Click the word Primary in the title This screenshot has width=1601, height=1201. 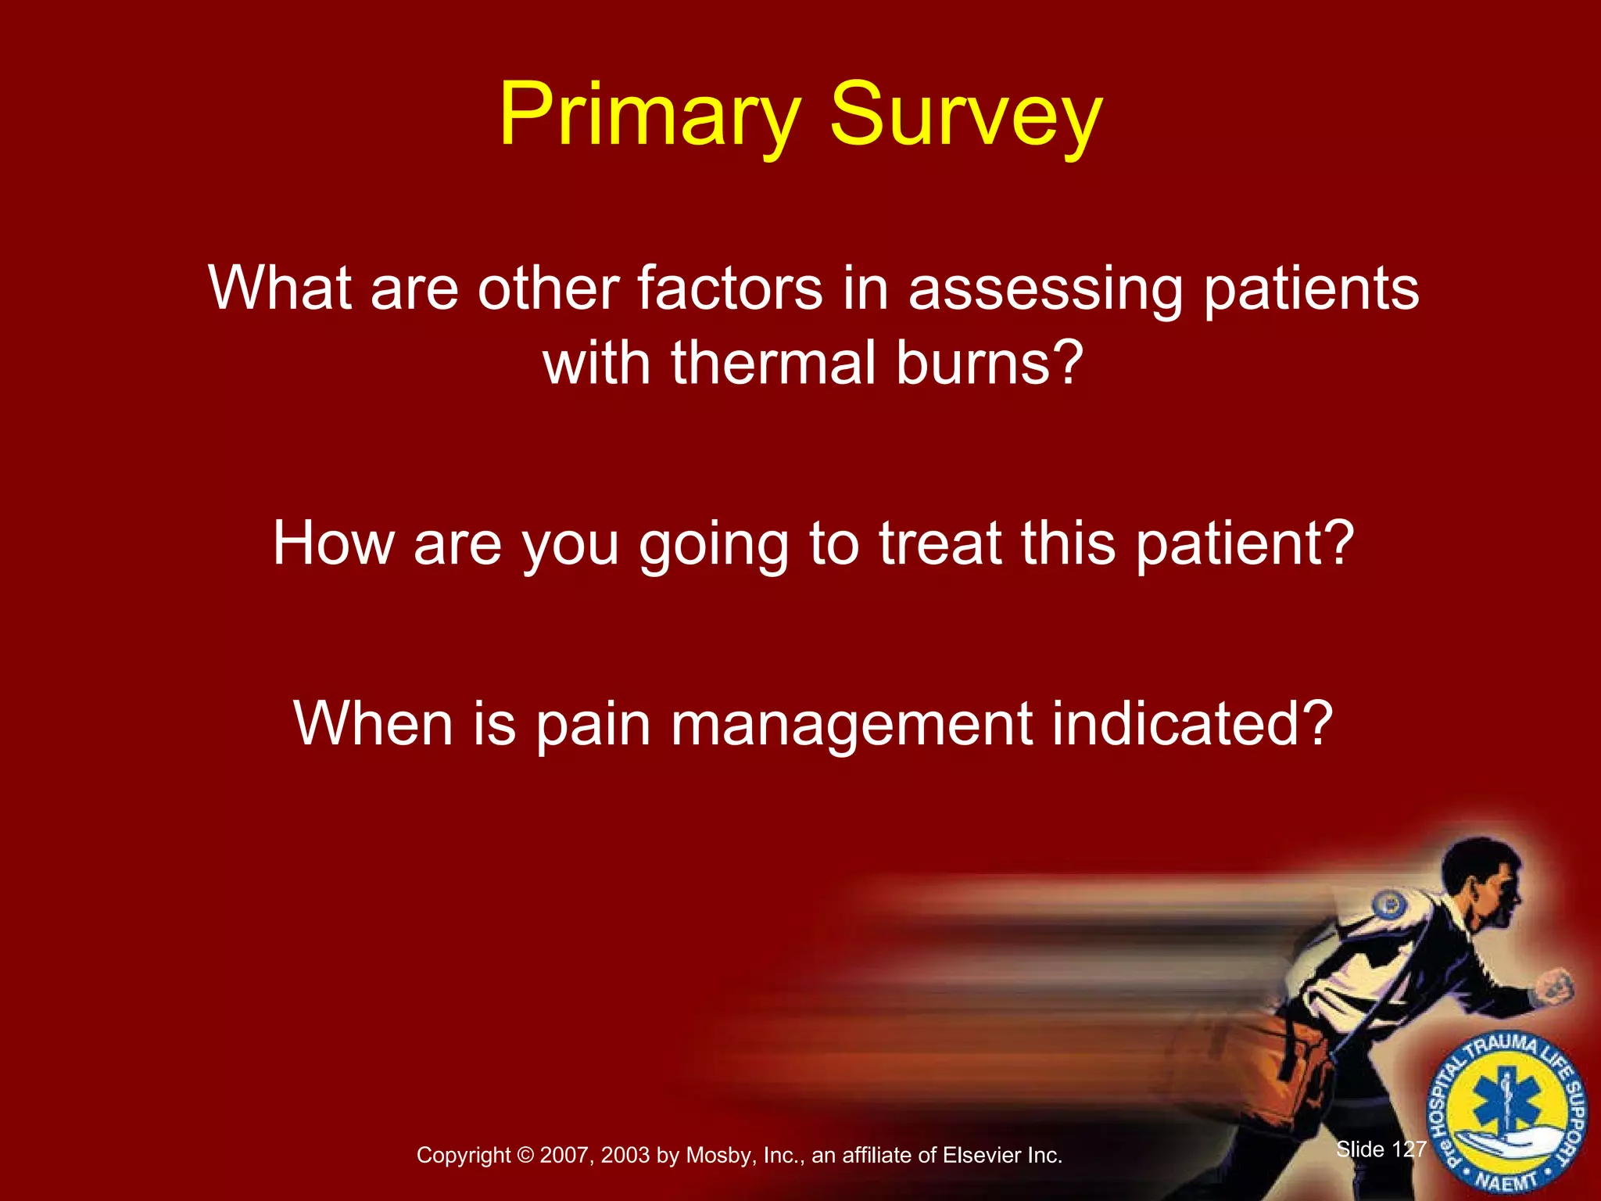(650, 116)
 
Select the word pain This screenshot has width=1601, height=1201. (593, 723)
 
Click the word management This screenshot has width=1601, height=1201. (851, 723)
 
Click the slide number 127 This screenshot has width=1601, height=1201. (1409, 1149)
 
